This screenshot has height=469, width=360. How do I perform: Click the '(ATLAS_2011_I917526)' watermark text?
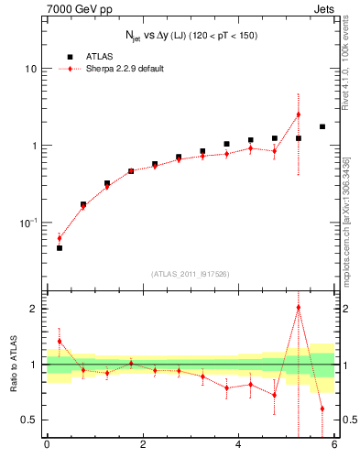(191, 273)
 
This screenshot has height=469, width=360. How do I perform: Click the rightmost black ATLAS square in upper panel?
(322, 126)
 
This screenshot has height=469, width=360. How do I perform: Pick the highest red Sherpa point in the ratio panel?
(299, 308)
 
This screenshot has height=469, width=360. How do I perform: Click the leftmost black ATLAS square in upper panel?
(60, 248)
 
